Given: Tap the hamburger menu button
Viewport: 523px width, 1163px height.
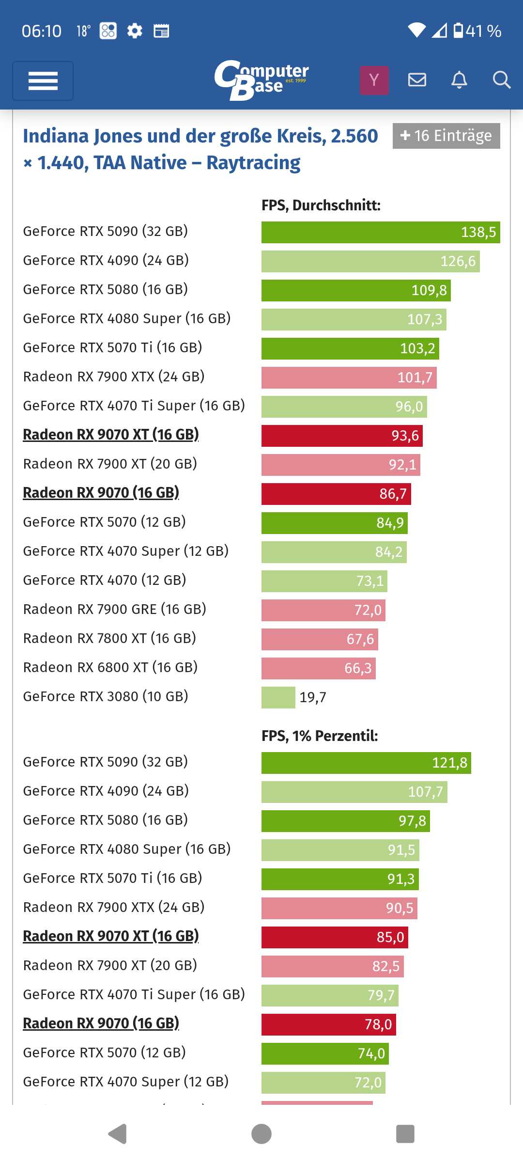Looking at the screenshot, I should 43,81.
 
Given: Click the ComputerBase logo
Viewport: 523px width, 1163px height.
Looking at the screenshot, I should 261,80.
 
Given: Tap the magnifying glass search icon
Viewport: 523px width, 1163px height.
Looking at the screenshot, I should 501,80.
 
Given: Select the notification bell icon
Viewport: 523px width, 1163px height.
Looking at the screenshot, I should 459,80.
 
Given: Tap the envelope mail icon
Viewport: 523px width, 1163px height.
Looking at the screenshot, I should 417,80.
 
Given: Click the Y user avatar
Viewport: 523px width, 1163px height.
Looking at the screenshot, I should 374,80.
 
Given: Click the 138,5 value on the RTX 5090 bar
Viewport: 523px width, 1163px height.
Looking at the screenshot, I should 478,232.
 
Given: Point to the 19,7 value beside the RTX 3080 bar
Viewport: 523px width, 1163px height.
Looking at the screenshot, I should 313,697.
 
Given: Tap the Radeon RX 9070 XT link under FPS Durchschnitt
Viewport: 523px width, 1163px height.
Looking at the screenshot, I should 111,435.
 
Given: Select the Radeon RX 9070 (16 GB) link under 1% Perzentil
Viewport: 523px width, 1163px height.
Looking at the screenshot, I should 101,1023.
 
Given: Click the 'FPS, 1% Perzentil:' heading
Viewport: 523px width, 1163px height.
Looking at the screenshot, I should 320,736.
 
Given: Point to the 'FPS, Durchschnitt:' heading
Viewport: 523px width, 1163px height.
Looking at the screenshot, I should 321,205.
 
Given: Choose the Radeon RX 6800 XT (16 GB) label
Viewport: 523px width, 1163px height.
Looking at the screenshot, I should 110,667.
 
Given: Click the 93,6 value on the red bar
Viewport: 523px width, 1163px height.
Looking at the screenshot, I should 405,436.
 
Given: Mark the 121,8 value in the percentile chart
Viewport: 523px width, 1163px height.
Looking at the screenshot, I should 449,763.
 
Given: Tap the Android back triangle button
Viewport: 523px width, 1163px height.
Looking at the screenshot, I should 117,1134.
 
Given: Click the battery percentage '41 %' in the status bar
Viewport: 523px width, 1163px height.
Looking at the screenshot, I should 483,31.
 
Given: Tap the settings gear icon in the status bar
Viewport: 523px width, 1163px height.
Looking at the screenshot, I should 135,31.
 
